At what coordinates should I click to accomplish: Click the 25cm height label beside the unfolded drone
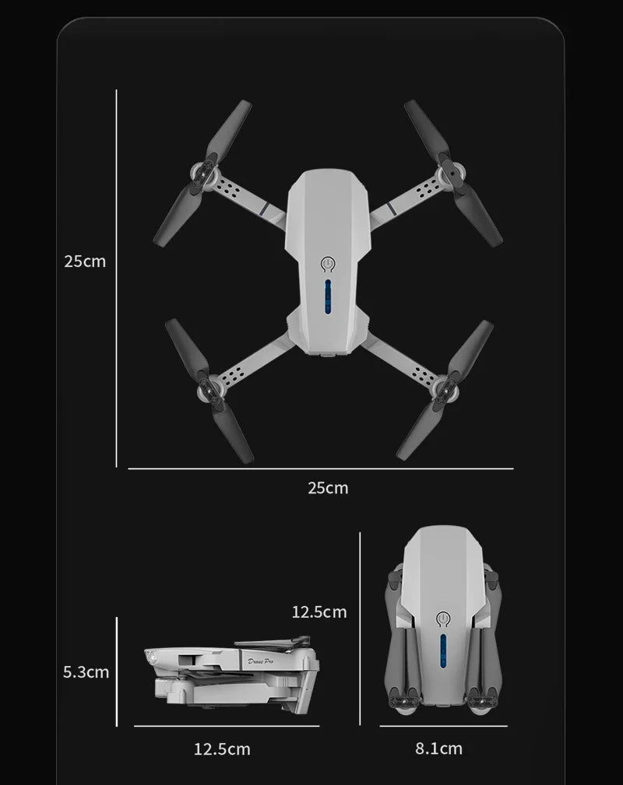click(85, 261)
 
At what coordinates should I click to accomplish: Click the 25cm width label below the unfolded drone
click(328, 489)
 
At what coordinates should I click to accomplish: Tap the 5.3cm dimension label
click(86, 671)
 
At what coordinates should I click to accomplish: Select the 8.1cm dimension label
click(438, 748)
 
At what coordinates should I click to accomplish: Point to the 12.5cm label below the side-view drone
click(222, 749)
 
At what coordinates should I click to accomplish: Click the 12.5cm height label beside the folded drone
click(319, 612)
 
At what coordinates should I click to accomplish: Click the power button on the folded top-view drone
click(444, 620)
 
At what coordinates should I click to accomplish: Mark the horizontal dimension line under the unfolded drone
click(320, 469)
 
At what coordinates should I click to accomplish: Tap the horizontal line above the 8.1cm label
click(443, 726)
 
